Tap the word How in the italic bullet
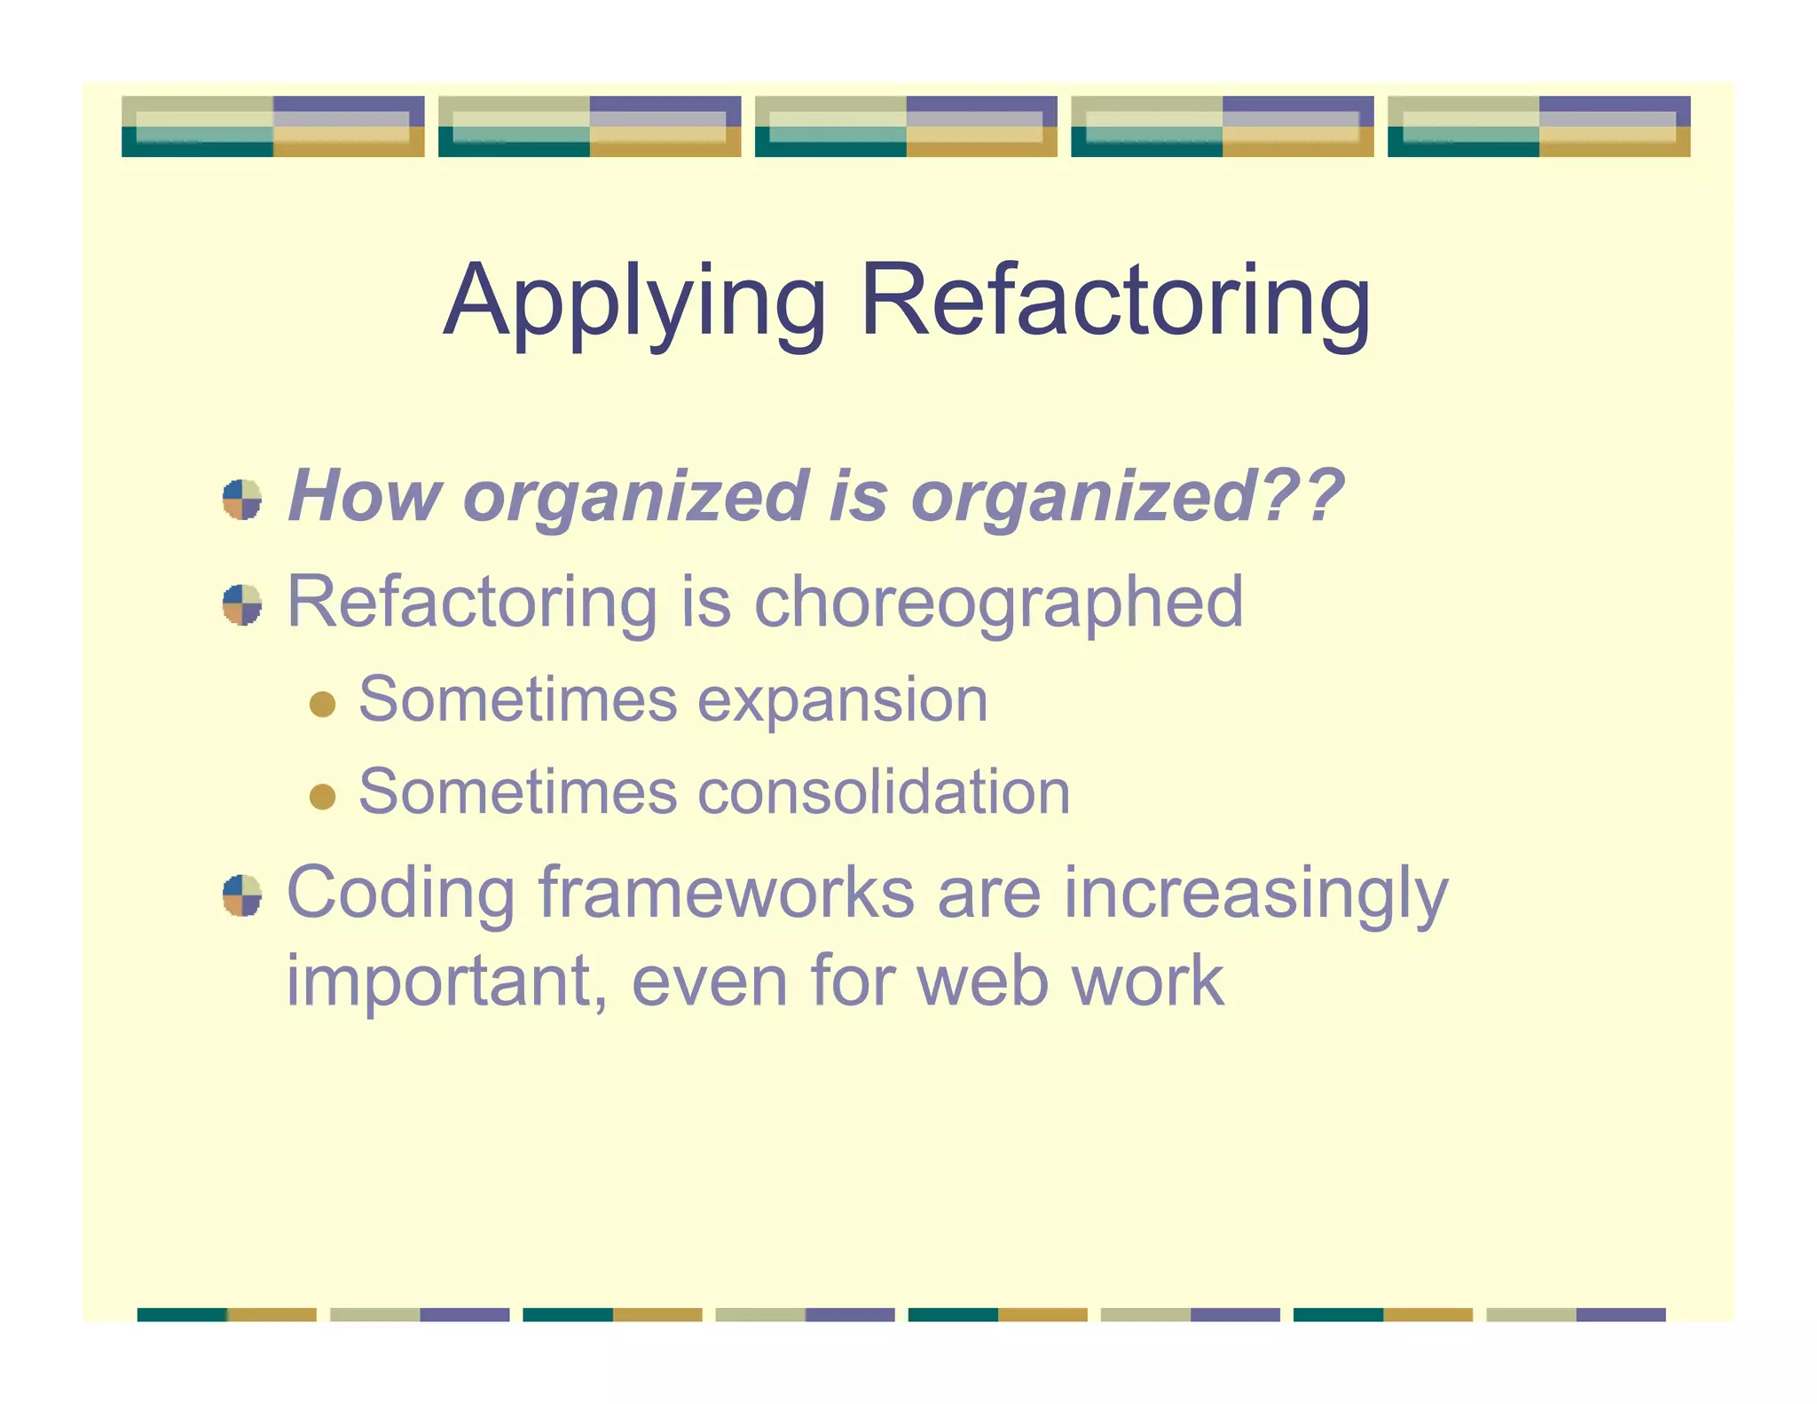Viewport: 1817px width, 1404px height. pyautogui.click(x=365, y=496)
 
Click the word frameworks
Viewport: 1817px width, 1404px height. pyautogui.click(x=726, y=893)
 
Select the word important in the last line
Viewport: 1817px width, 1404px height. pyautogui.click(x=446, y=982)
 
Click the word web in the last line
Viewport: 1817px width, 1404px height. pyautogui.click(x=983, y=982)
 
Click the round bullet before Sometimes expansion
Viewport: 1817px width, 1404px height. pyautogui.click(x=322, y=705)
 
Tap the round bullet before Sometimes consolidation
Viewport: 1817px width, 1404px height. pyautogui.click(x=322, y=796)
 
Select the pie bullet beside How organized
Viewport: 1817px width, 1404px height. pyautogui.click(x=242, y=500)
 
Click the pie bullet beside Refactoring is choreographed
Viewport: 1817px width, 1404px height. pyautogui.click(x=242, y=605)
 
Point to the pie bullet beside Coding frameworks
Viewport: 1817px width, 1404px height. pyautogui.click(x=242, y=895)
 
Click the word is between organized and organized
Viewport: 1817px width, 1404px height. pyautogui.click(x=858, y=496)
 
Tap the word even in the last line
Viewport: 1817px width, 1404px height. pyautogui.click(x=709, y=982)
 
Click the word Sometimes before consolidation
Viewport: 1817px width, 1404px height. pyautogui.click(x=518, y=792)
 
